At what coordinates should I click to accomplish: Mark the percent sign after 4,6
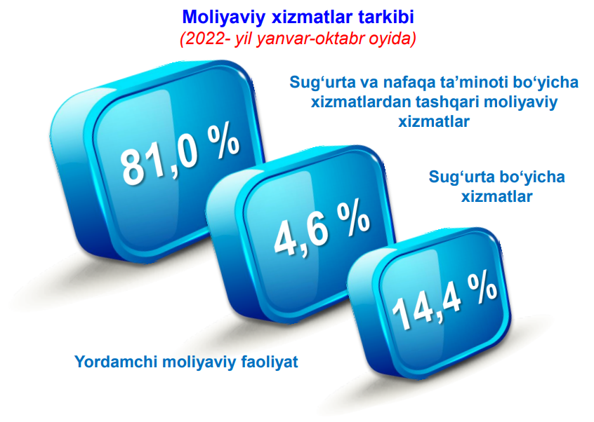tap(353, 217)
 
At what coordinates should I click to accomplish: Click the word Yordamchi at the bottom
tap(116, 362)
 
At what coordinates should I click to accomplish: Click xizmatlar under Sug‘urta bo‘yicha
tap(496, 196)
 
